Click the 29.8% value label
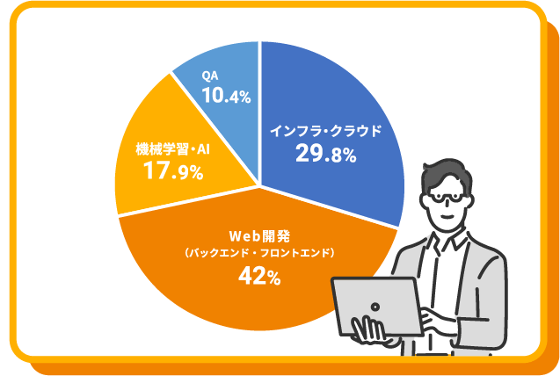(x=325, y=155)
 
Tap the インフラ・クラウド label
(x=325, y=131)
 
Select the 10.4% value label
(x=227, y=96)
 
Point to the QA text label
(x=210, y=76)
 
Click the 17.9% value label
(x=173, y=171)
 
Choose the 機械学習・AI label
(x=173, y=149)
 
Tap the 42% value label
(x=259, y=276)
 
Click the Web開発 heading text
(x=259, y=236)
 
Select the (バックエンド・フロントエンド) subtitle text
(x=259, y=254)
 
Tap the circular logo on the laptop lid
(x=375, y=307)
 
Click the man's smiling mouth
(x=447, y=216)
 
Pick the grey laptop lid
(x=377, y=307)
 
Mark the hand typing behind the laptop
(x=436, y=318)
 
